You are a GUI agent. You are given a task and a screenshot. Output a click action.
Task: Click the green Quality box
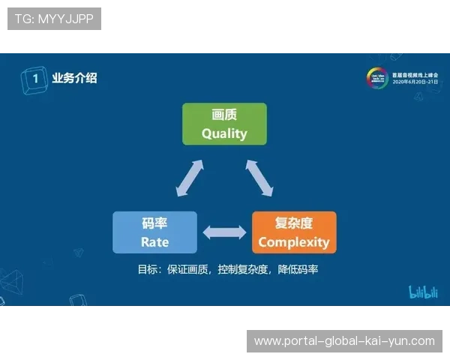pyautogui.click(x=224, y=124)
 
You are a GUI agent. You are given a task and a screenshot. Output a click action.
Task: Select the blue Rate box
pyautogui.click(x=154, y=232)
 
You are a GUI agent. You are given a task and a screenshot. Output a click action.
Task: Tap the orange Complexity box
pyautogui.click(x=294, y=232)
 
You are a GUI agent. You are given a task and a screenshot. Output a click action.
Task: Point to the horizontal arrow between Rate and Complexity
pyautogui.click(x=224, y=232)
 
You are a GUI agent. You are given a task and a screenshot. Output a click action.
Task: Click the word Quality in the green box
pyautogui.click(x=224, y=133)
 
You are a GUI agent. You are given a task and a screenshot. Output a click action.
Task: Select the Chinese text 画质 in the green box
pyautogui.click(x=224, y=115)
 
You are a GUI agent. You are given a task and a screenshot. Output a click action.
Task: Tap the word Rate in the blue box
pyautogui.click(x=154, y=242)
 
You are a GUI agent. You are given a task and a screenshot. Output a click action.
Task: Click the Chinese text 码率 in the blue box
pyautogui.click(x=154, y=223)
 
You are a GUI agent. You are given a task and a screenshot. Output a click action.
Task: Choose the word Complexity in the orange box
pyautogui.click(x=294, y=242)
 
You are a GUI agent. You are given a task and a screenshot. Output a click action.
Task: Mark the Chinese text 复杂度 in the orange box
pyautogui.click(x=294, y=223)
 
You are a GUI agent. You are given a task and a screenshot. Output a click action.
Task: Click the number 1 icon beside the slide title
pyautogui.click(x=31, y=77)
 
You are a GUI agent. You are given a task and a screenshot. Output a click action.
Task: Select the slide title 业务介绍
pyautogui.click(x=73, y=77)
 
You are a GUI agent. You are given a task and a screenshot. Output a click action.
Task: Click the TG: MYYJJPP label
pyautogui.click(x=54, y=19)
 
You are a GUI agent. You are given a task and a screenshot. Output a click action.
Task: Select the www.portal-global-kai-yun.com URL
pyautogui.click(x=344, y=341)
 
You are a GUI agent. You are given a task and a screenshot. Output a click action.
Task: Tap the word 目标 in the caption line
pyautogui.click(x=148, y=268)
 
